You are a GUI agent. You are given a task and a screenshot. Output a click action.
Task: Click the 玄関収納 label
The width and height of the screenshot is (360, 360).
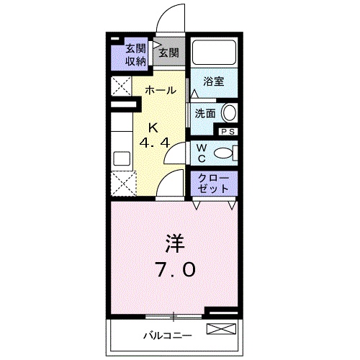click(x=136, y=55)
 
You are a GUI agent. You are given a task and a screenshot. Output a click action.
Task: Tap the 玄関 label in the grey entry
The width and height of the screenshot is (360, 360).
click(x=169, y=53)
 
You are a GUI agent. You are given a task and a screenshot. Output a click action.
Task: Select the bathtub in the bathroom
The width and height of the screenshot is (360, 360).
click(x=215, y=52)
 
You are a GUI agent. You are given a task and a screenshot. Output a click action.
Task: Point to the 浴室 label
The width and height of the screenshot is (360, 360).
click(x=213, y=81)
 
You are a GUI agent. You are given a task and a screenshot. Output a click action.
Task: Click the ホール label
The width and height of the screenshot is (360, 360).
click(x=161, y=91)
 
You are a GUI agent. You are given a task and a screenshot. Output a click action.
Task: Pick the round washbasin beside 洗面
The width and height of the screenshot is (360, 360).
click(x=230, y=112)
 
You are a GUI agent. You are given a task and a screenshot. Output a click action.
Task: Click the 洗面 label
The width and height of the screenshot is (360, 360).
click(x=204, y=113)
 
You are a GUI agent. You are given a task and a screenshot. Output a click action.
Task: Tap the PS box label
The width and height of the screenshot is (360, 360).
click(x=228, y=132)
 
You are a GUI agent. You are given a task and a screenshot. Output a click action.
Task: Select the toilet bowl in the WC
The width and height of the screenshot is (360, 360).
click(x=223, y=153)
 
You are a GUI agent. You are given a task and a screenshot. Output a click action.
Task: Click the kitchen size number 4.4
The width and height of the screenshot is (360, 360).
click(x=155, y=143)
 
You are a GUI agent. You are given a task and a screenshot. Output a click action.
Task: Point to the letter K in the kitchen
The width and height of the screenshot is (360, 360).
click(x=153, y=127)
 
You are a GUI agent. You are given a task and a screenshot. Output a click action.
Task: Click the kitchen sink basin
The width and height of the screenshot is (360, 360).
click(x=122, y=158)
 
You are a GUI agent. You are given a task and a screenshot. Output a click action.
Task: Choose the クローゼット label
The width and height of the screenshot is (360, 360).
click(x=213, y=184)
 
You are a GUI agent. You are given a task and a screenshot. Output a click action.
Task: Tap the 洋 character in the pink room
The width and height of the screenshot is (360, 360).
click(x=174, y=243)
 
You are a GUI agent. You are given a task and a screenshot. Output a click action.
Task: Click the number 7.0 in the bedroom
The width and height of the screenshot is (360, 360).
click(x=176, y=269)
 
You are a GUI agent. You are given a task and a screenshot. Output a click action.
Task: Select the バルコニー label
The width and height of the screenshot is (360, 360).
click(x=168, y=336)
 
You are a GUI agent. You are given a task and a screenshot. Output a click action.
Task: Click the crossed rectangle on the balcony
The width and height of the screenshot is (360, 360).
click(x=221, y=329)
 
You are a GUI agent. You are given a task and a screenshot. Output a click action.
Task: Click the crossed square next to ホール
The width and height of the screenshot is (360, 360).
click(x=122, y=86)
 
